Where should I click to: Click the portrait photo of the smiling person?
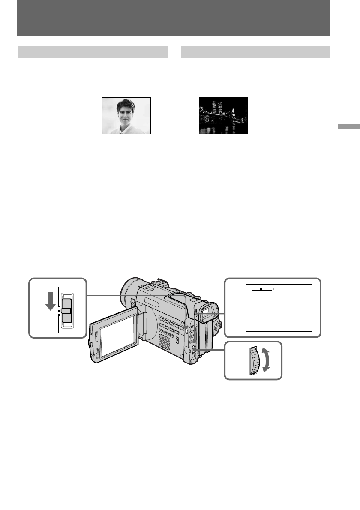click(x=126, y=116)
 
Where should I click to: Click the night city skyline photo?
click(x=223, y=116)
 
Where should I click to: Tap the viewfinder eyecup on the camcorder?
click(x=207, y=312)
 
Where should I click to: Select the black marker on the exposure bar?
click(x=261, y=289)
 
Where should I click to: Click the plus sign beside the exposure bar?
click(x=273, y=289)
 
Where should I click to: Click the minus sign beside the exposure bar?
click(x=249, y=289)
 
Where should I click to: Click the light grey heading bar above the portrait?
click(x=93, y=52)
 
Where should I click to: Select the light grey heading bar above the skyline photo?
click(x=255, y=52)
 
